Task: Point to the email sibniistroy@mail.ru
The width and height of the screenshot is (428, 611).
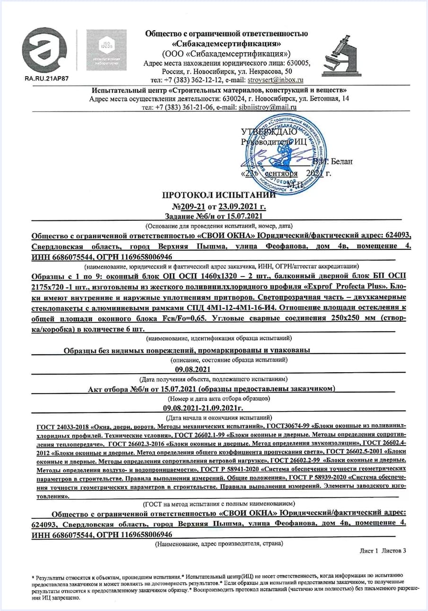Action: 269,107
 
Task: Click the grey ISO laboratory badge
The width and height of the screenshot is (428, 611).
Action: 106,50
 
